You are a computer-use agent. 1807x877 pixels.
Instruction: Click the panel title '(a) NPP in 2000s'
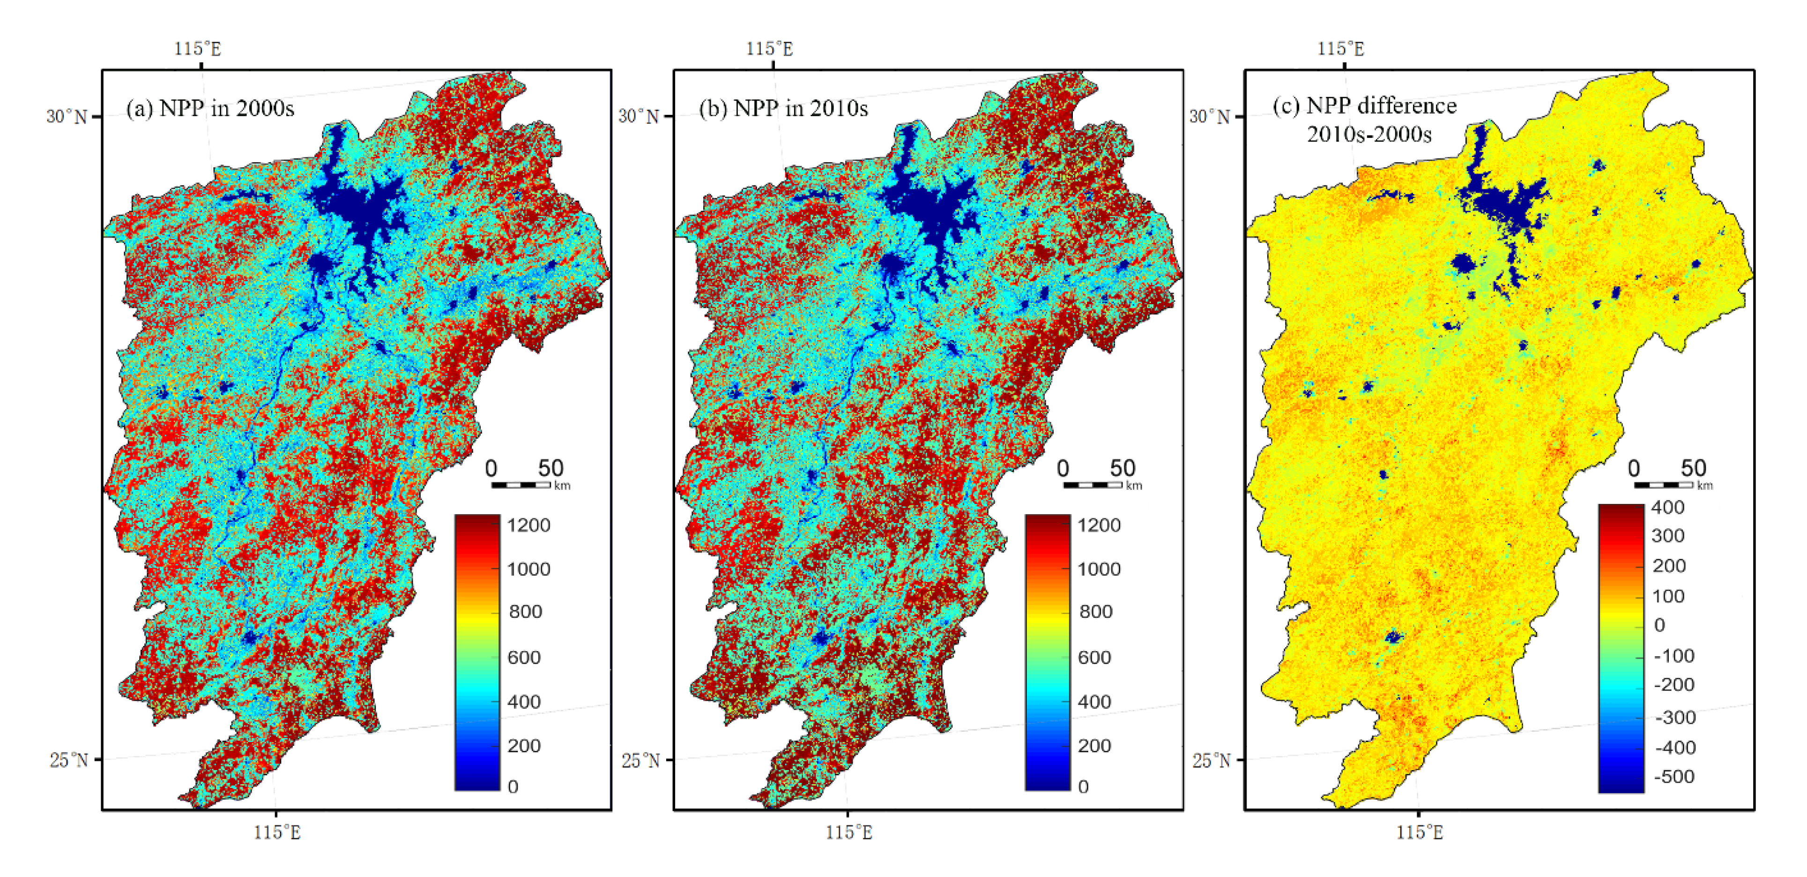coord(210,109)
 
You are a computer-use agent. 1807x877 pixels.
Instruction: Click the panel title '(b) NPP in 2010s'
coord(783,109)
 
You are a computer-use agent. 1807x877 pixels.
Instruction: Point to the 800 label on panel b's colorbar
coord(1095,612)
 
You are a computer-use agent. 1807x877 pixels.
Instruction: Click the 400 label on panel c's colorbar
coord(1667,507)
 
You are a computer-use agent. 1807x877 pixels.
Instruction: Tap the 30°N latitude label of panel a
coord(67,116)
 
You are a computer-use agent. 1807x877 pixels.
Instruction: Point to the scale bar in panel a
coord(521,485)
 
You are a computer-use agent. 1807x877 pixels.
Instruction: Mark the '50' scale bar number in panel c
coord(1693,468)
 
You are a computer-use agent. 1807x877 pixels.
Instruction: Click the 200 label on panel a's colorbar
coord(523,746)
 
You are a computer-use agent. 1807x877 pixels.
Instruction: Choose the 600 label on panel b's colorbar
coord(1094,658)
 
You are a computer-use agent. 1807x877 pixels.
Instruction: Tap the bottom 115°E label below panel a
coord(277,833)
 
